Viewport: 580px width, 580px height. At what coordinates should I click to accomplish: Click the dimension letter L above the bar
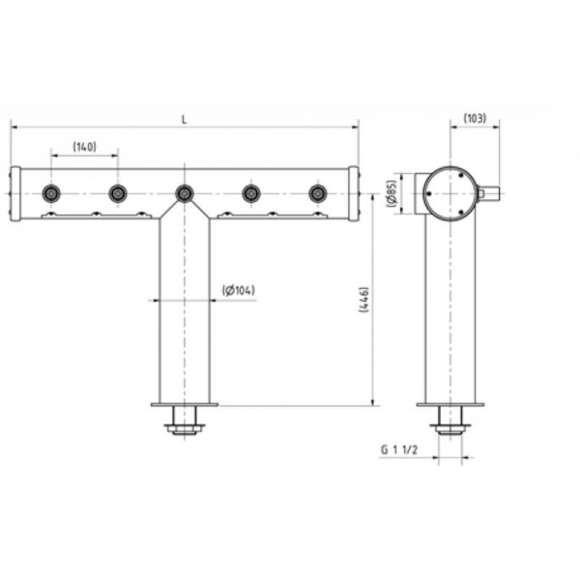click(x=185, y=120)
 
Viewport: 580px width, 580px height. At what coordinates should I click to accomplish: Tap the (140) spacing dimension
click(x=85, y=147)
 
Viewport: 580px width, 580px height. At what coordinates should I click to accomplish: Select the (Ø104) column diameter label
click(x=239, y=290)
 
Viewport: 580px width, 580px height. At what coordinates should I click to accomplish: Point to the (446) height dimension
click(x=364, y=300)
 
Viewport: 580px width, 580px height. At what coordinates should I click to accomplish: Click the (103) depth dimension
click(x=475, y=118)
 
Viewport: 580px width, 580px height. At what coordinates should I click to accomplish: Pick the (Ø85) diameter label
click(x=391, y=193)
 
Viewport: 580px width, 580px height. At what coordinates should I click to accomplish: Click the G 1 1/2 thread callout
click(x=399, y=449)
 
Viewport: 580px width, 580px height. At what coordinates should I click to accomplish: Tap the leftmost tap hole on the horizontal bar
click(x=51, y=193)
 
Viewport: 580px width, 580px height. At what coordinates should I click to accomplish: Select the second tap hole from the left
click(x=118, y=193)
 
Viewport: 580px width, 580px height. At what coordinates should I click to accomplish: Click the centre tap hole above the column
click(x=185, y=193)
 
